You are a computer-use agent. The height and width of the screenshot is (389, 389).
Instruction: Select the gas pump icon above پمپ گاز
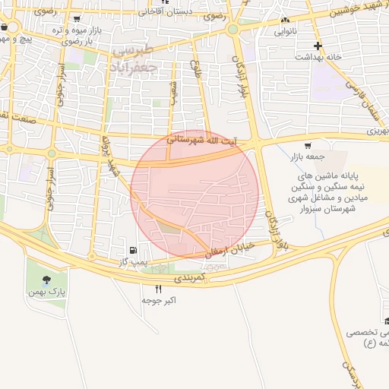pos(134,250)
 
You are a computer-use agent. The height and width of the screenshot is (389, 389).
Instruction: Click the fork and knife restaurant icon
pos(159,289)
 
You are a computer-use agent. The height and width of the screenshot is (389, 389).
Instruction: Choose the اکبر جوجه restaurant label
pos(159,300)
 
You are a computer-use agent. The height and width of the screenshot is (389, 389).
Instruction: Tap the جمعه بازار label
pos(306,157)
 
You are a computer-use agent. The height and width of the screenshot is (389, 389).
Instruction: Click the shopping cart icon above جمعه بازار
pos(307,146)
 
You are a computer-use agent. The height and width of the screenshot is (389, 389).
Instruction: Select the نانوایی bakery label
pos(286,32)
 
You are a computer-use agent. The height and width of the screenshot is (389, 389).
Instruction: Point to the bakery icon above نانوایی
pos(286,21)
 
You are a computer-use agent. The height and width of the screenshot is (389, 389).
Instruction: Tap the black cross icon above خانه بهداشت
pos(318,46)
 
